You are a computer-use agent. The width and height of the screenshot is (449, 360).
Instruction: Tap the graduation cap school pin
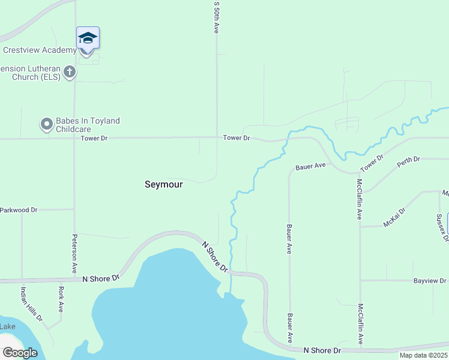pos(88,38)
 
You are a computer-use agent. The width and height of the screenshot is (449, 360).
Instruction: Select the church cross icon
pos(70,73)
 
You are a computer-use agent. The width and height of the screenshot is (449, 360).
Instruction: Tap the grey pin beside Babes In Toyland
pos(46,124)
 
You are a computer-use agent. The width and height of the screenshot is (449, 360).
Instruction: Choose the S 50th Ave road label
pos(217,16)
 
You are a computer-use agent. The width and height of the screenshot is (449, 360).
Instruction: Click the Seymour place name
pos(164,185)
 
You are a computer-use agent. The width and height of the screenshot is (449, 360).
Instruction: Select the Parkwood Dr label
pos(19,210)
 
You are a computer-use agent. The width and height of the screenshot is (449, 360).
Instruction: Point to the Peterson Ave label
pos(75,251)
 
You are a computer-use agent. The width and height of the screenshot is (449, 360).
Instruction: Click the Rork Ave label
pos(61,298)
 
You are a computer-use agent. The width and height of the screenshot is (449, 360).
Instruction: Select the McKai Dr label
pos(394,218)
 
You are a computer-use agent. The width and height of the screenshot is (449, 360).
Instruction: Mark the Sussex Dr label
pos(442,227)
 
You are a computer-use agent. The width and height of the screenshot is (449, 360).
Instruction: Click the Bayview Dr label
pos(430,281)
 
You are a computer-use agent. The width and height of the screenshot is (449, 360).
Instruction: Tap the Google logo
pos(20,353)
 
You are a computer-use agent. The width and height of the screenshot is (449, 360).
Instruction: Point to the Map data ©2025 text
pos(423,355)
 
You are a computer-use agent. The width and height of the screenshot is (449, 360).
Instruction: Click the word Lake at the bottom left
pos(8,326)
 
